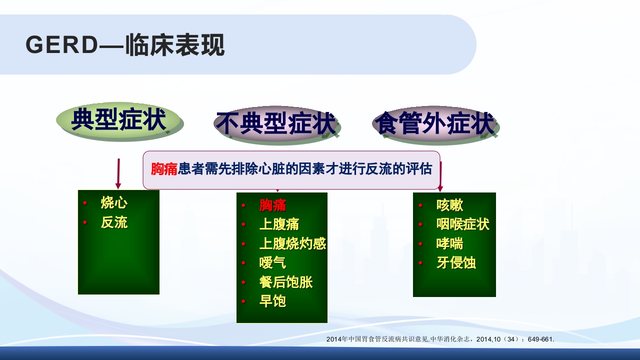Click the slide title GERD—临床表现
(x=125, y=45)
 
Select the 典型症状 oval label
(x=119, y=121)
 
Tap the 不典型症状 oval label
(x=276, y=123)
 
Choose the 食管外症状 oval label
(x=434, y=123)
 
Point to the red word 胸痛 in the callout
(x=164, y=169)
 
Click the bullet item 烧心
(x=114, y=203)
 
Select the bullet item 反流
(x=114, y=222)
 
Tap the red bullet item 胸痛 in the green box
(x=272, y=205)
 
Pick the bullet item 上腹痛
(x=279, y=224)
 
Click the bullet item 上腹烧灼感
(x=292, y=243)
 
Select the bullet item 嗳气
(x=272, y=262)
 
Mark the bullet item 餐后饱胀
(x=286, y=282)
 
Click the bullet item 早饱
(x=272, y=301)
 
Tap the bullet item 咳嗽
(x=449, y=205)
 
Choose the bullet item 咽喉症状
(x=462, y=224)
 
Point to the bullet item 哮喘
(x=449, y=243)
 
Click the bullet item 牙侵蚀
(x=456, y=262)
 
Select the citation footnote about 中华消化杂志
(x=440, y=339)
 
